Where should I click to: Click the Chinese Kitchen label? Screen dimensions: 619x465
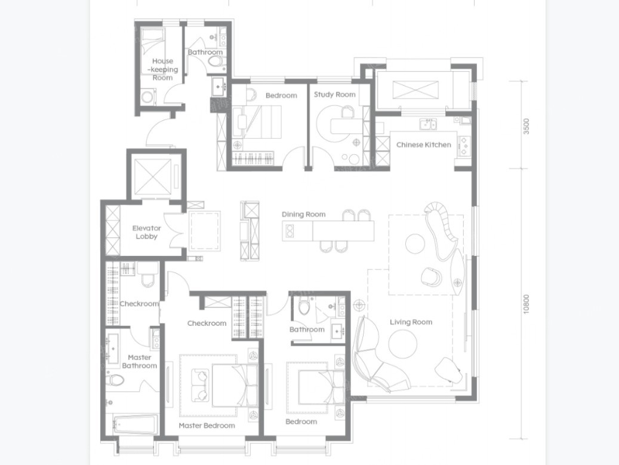coord(424,145)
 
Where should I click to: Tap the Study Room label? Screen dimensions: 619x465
coord(335,94)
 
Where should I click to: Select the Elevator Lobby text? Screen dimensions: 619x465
coord(146,232)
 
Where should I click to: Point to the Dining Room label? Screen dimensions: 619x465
coord(304,215)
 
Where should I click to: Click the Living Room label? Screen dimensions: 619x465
coord(411,322)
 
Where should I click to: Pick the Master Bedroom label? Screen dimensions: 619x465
coord(207,426)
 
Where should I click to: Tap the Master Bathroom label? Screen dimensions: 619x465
coord(139,362)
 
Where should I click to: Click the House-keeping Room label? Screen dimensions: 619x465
coord(162,69)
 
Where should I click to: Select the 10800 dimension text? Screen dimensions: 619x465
coord(526,304)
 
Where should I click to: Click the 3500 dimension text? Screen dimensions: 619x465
coord(526,127)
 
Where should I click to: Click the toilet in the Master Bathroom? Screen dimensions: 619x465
coord(115,380)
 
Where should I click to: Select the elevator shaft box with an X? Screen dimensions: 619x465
coord(153,177)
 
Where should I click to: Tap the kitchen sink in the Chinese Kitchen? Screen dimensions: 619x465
coord(428,124)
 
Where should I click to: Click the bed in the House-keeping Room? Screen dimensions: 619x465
coord(152,41)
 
